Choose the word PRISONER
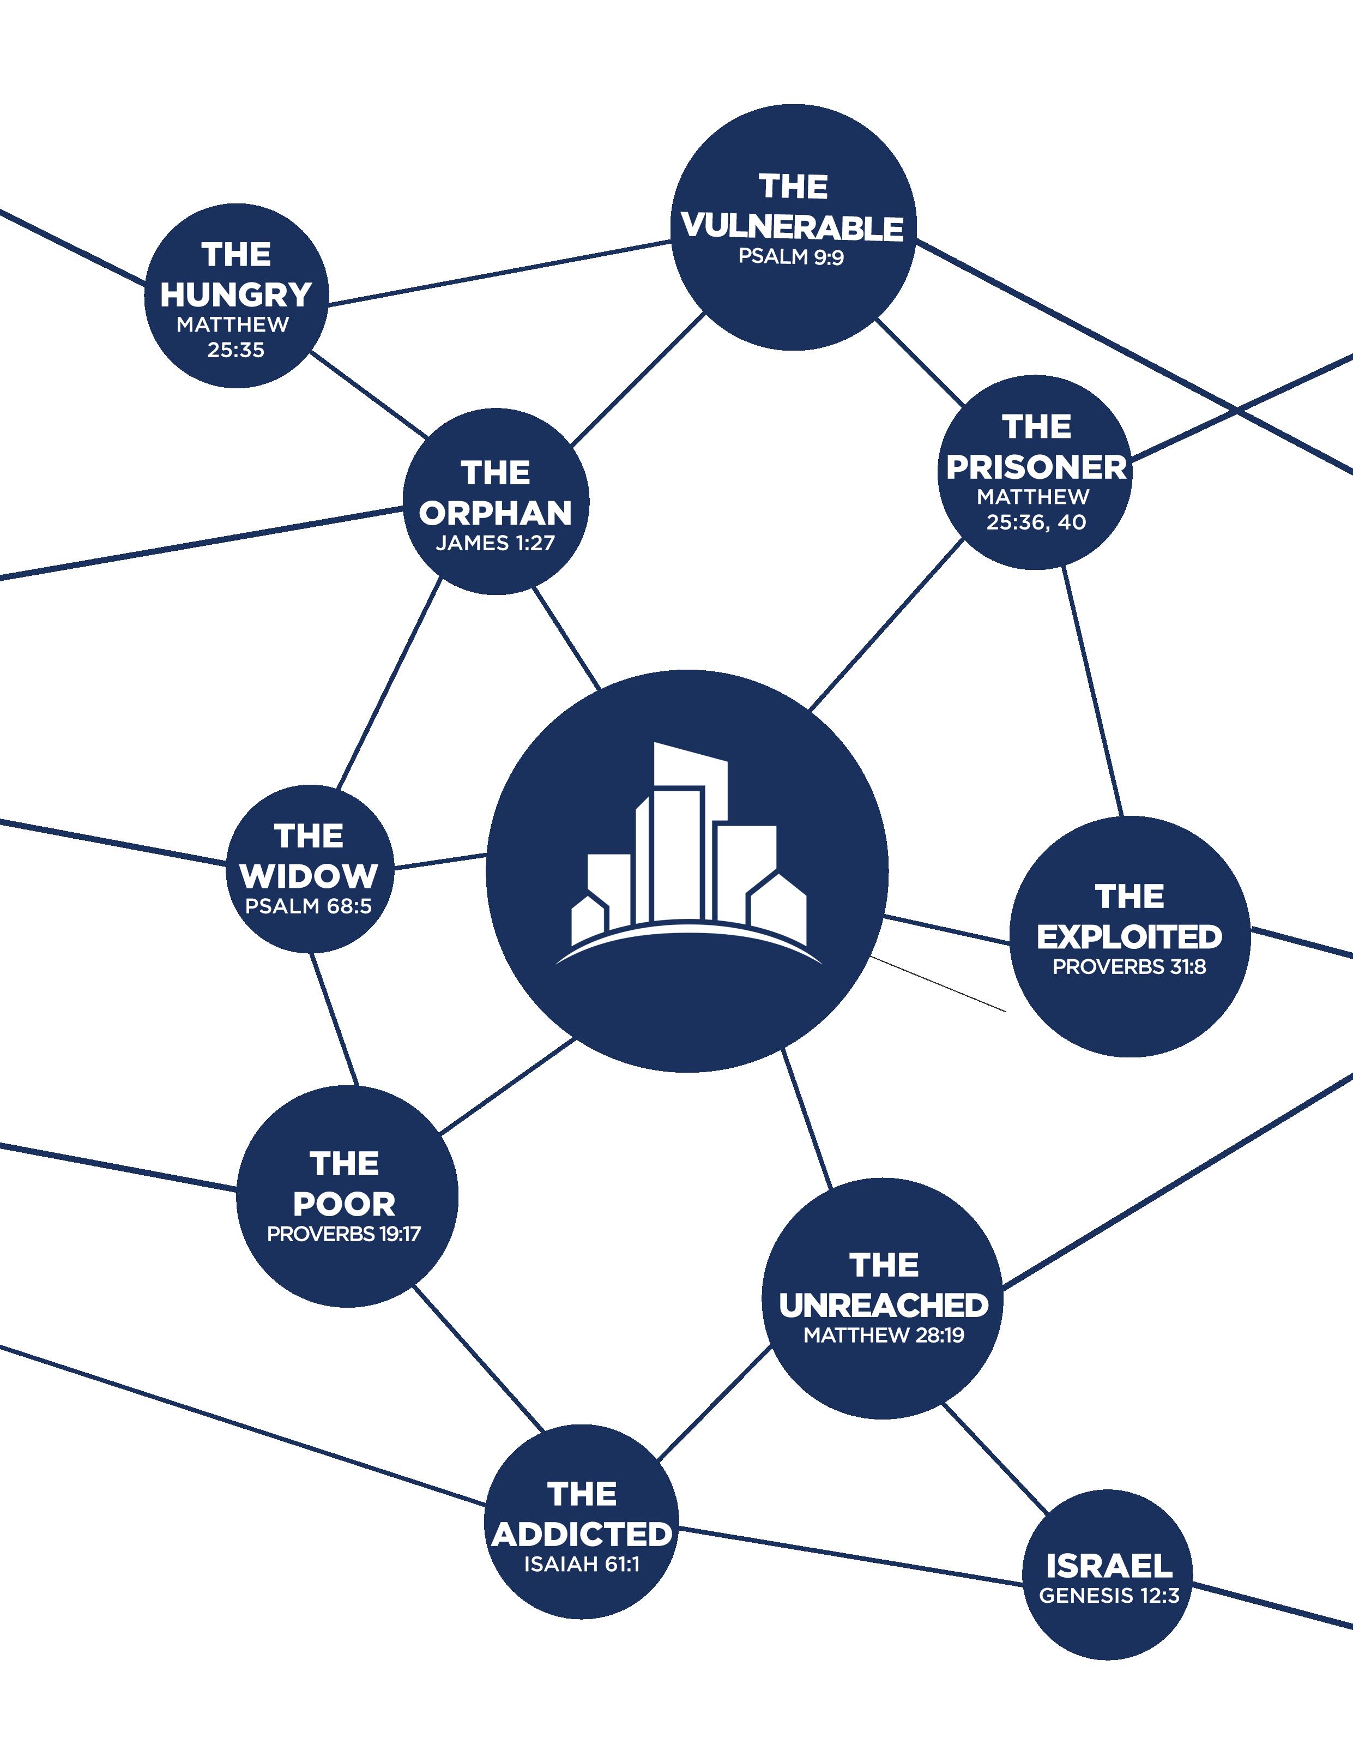[x=1036, y=467]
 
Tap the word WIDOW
[x=309, y=876]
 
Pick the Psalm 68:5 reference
[x=309, y=906]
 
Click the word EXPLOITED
[x=1129, y=937]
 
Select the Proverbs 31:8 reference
[x=1129, y=967]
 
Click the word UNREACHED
[x=884, y=1306]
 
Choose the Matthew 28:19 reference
[x=884, y=1335]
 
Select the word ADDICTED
[x=582, y=1535]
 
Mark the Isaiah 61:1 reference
[x=582, y=1564]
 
